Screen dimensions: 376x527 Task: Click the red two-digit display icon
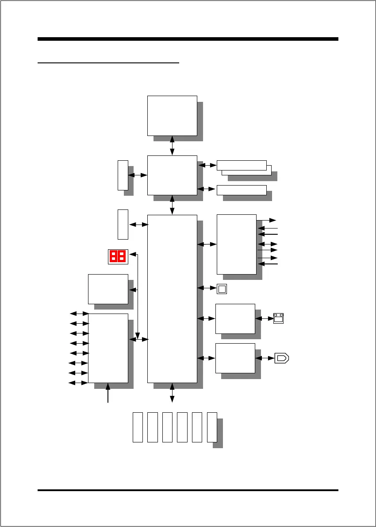118,256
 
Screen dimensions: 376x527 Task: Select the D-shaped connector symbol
282,358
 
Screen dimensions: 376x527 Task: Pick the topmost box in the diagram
172,115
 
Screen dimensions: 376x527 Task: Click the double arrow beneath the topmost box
172,146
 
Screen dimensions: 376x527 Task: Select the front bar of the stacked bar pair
242,165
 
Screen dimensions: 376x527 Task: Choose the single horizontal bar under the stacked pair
242,190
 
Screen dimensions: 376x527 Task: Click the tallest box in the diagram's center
172,298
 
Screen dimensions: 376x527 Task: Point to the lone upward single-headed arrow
108,393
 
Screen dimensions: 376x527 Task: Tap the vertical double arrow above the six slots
172,393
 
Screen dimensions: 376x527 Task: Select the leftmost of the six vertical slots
138,427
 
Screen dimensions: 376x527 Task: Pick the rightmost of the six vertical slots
212,427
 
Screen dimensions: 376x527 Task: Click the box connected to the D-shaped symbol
235,358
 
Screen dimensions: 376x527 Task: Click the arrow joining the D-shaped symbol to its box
265,358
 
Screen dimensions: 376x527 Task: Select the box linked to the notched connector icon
235,318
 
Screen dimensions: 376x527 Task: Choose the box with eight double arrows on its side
108,348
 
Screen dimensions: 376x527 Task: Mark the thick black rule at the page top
188,39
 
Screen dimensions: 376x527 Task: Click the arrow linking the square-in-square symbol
207,288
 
